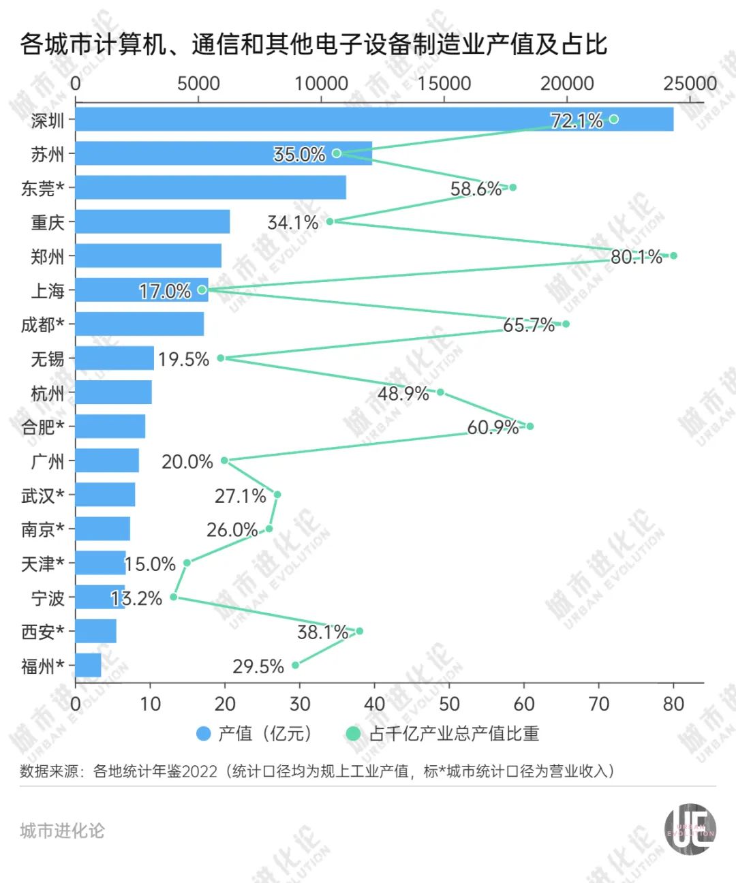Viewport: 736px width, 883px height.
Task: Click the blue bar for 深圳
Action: coord(373,119)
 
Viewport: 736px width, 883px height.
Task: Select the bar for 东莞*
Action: coord(211,187)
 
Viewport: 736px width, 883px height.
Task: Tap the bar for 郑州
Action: coord(148,255)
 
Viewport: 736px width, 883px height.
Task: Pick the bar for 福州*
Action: coord(88,665)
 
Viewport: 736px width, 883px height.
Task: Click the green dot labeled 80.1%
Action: coord(673,255)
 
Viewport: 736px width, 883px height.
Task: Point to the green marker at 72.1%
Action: coord(613,119)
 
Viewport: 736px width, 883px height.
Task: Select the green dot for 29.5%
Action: coord(295,665)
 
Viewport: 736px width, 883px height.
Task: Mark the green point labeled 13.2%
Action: coord(174,597)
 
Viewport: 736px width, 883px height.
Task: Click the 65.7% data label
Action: coord(529,325)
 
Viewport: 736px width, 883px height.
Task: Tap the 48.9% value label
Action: coord(403,393)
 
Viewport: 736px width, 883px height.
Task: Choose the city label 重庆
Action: coord(48,222)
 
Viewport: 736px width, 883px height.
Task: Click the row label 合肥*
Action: coord(43,427)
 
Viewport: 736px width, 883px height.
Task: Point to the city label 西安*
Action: coord(43,632)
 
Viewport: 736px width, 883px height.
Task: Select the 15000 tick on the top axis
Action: coord(444,83)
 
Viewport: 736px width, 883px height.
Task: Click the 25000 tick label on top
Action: coord(690,83)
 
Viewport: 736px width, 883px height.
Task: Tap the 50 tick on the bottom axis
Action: coord(449,703)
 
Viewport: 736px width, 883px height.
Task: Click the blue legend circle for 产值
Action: coord(203,734)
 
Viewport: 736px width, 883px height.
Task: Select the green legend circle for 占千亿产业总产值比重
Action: coord(353,734)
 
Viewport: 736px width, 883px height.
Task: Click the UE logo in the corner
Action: coord(690,828)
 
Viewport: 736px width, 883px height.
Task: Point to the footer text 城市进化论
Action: coord(62,831)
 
